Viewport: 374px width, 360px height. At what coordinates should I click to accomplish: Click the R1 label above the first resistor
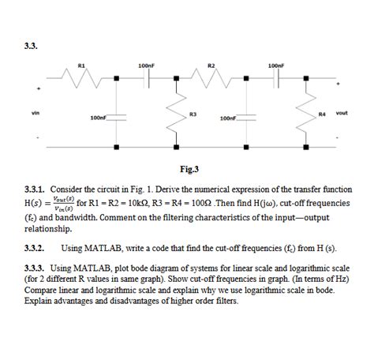tap(82, 65)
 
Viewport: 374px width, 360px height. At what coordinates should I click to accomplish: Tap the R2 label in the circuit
tap(211, 65)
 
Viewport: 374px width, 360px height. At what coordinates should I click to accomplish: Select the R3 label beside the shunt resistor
tap(193, 115)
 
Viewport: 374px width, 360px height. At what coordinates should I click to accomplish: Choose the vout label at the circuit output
tap(342, 113)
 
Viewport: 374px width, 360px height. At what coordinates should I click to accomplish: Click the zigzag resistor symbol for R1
tap(82, 78)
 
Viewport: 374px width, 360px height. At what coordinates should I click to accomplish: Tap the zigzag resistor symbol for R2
tap(211, 78)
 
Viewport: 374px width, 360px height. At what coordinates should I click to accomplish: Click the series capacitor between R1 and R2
tap(146, 78)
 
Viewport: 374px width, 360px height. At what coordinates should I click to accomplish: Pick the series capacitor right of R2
tap(276, 78)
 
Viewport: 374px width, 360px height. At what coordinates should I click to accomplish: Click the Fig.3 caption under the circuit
tap(189, 168)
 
